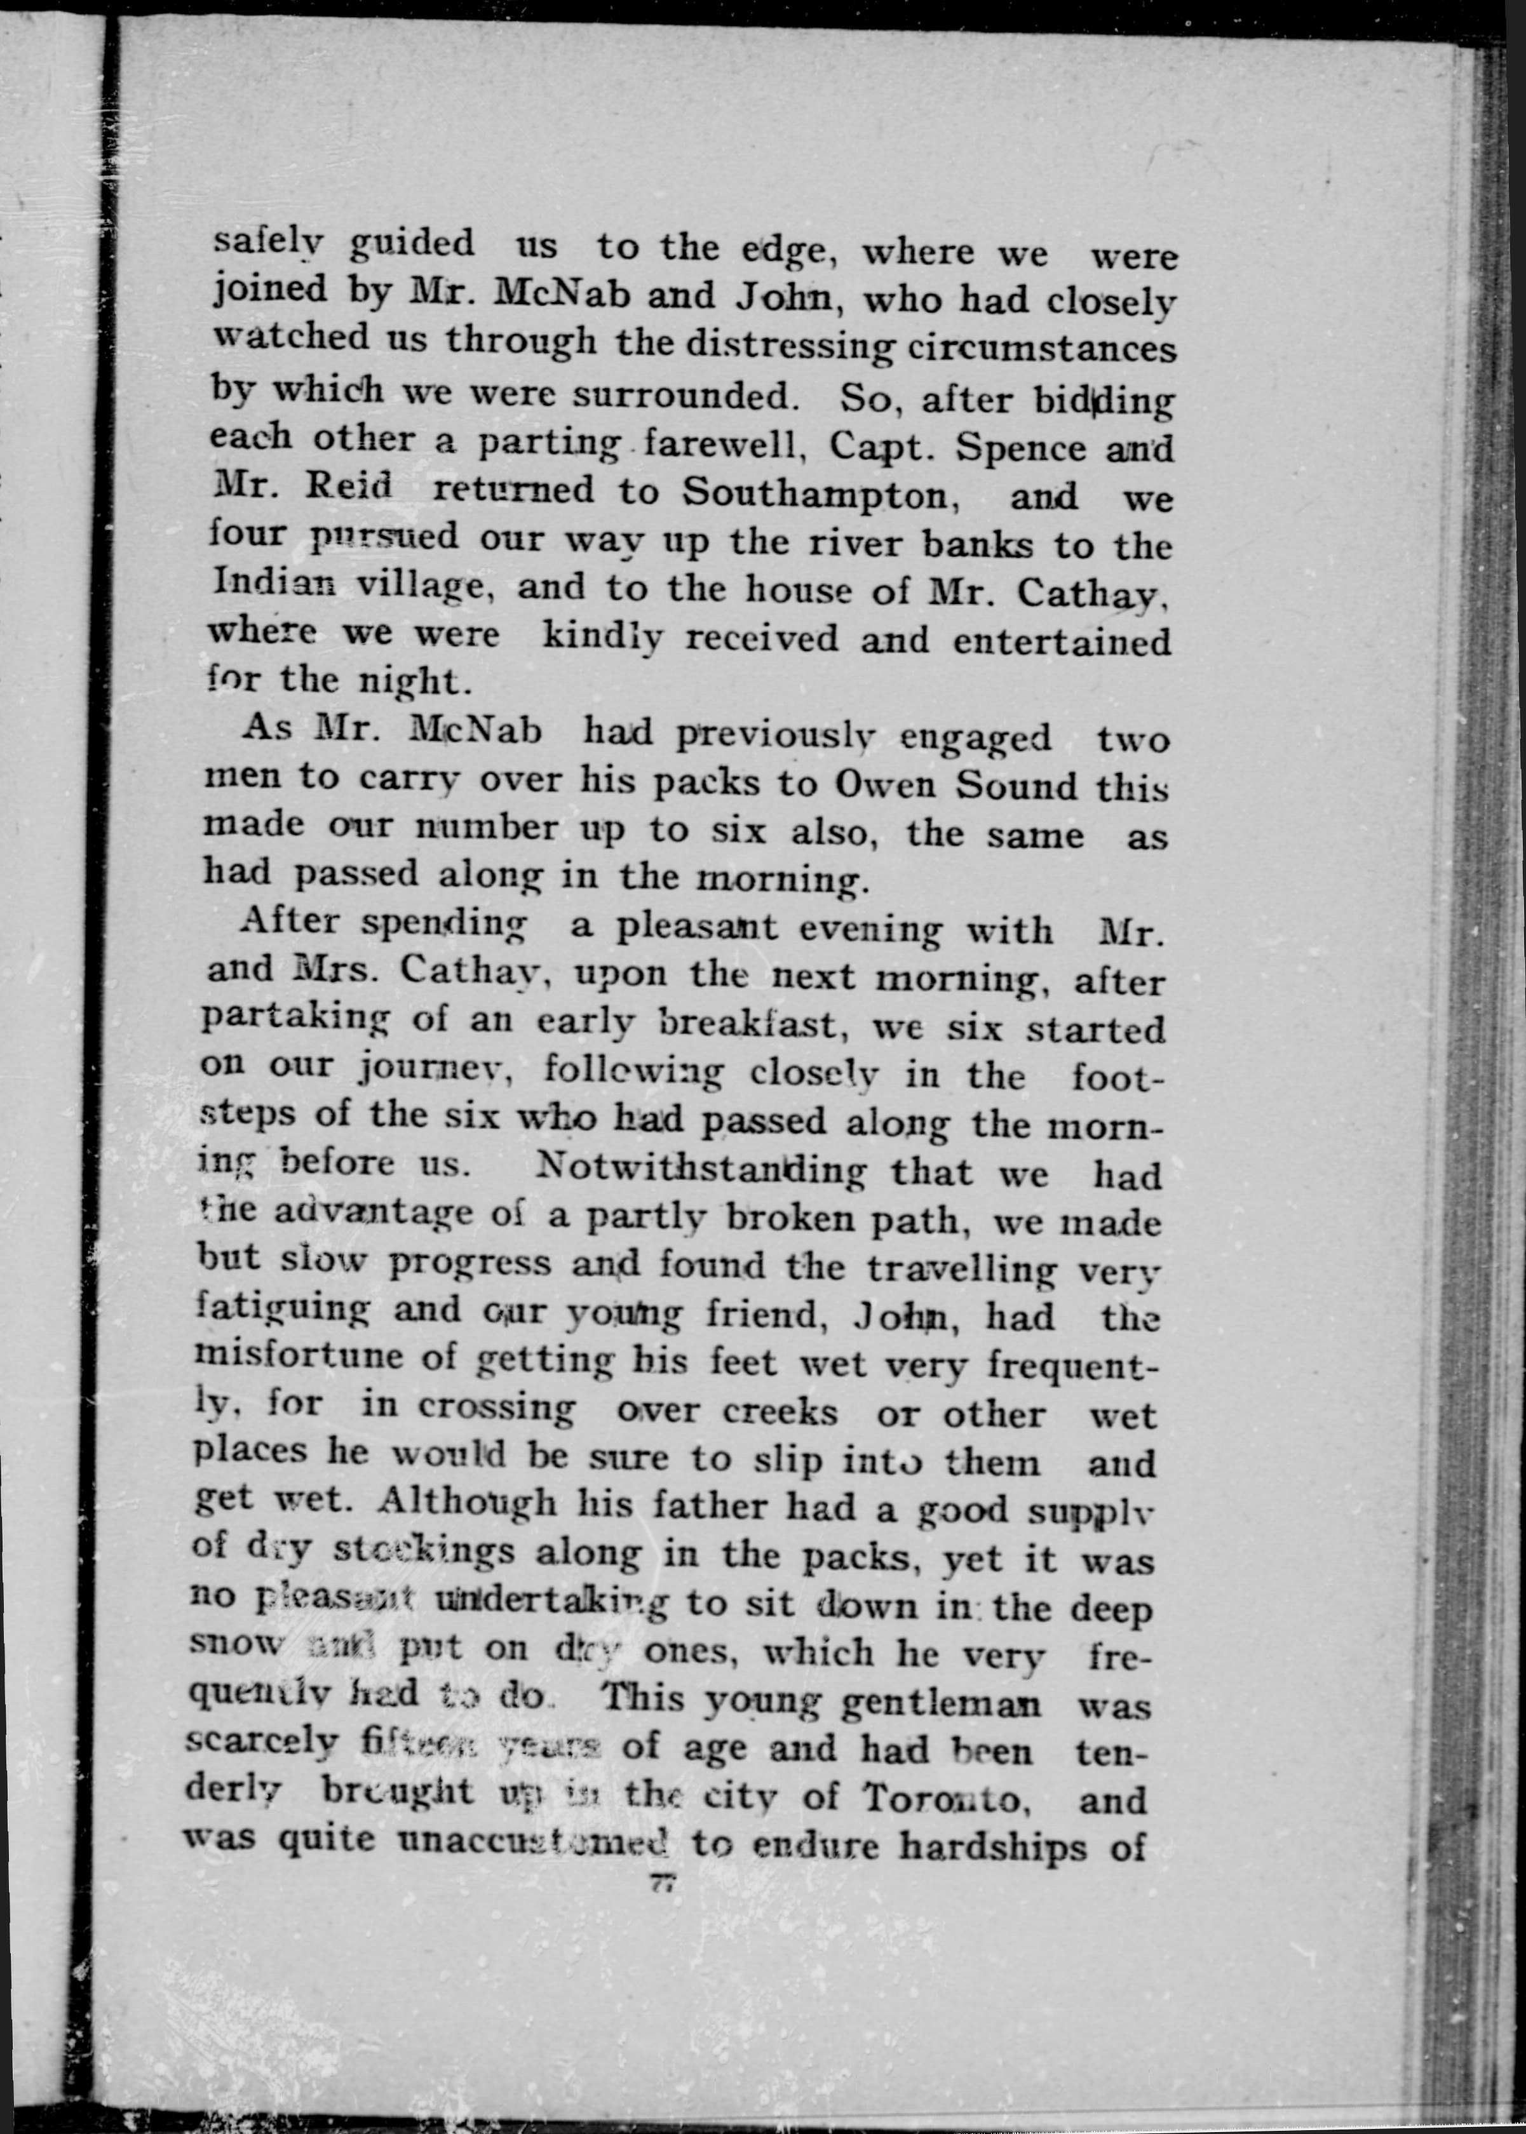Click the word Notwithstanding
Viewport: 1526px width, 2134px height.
700,1169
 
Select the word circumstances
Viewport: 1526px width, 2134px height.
1041,349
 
